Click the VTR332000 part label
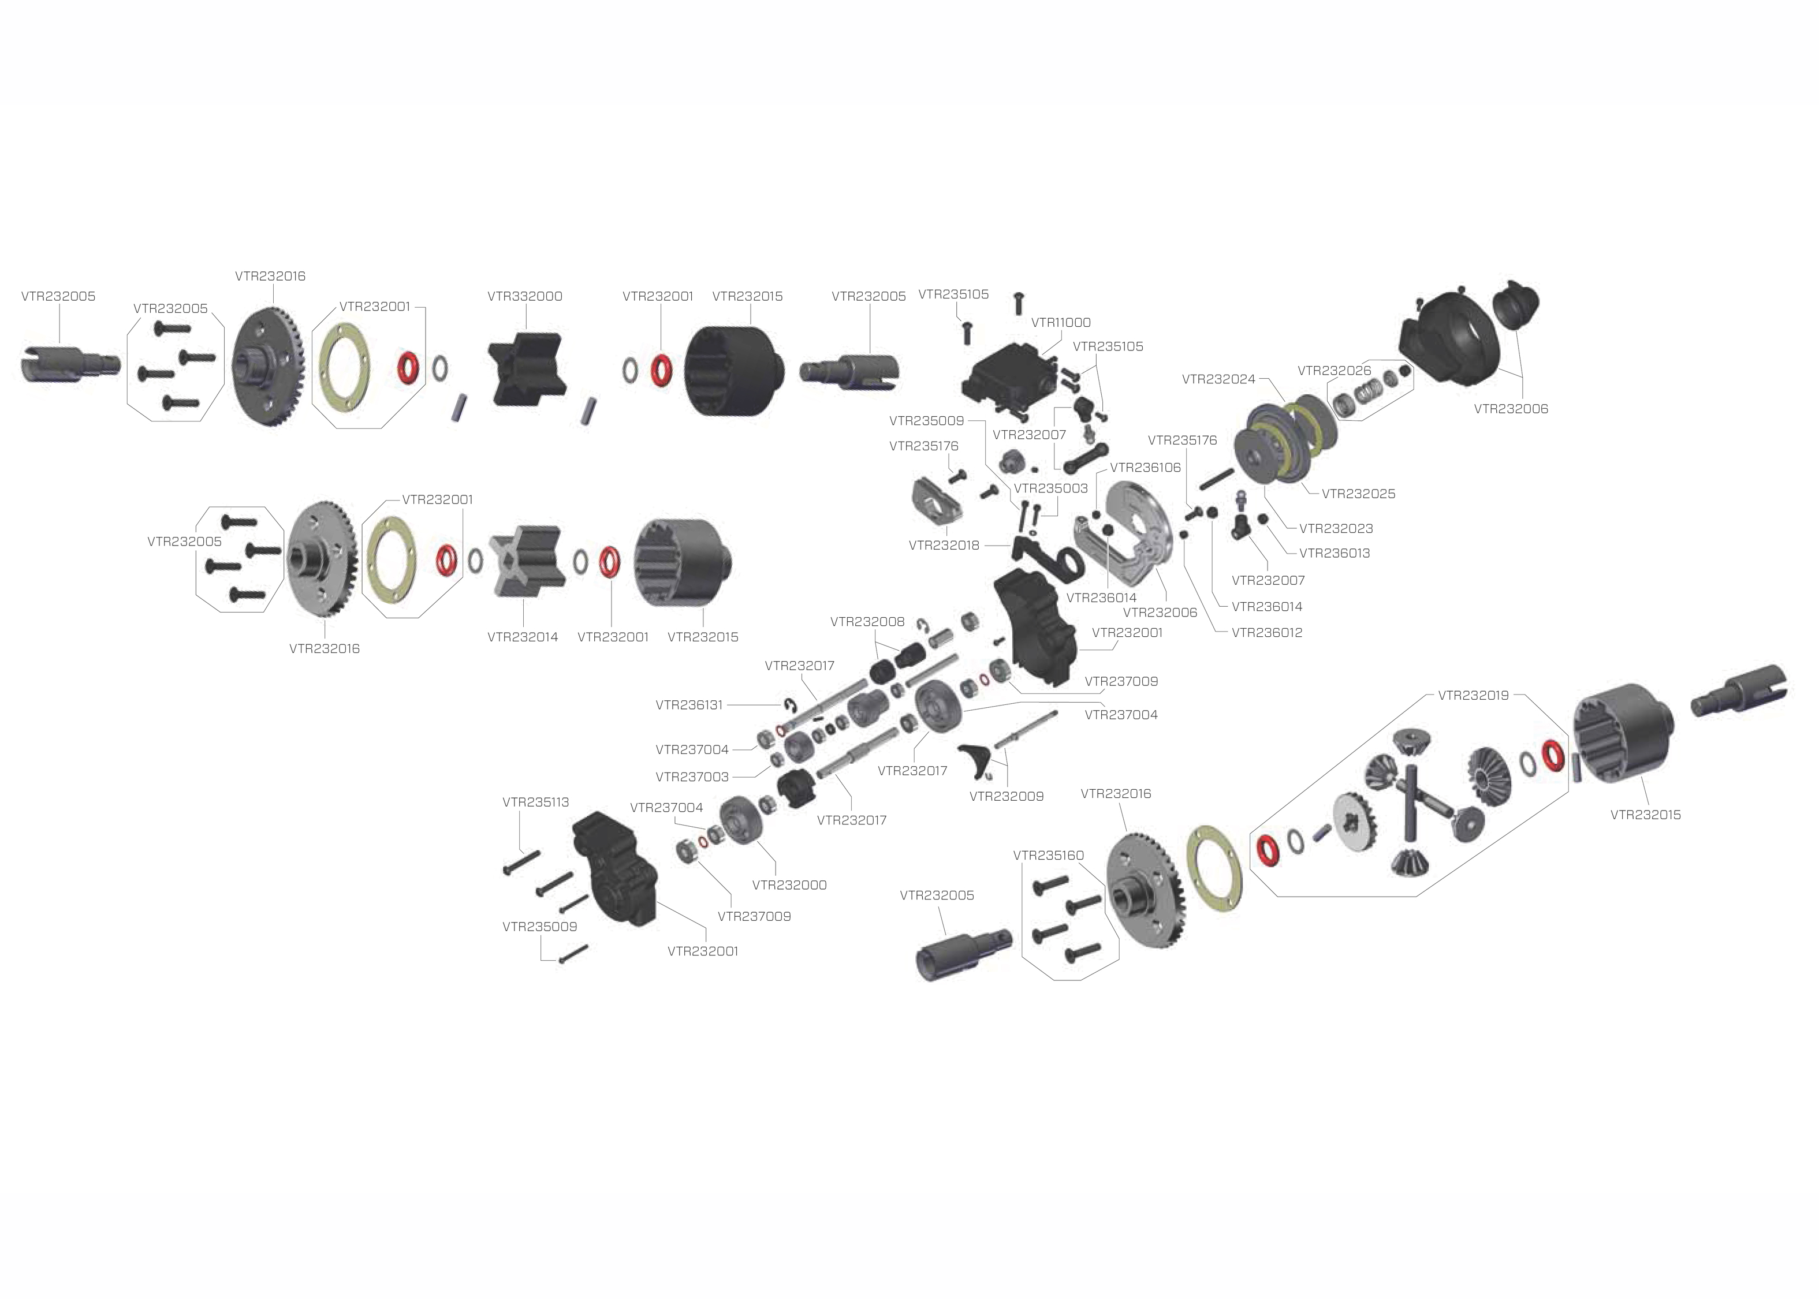525,296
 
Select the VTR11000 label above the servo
1061,322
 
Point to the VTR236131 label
689,705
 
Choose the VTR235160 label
1048,855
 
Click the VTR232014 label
523,637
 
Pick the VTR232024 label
1218,379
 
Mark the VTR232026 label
1333,370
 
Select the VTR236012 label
1266,633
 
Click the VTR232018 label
944,546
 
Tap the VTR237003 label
692,777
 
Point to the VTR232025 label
1358,494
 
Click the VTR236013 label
1335,553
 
